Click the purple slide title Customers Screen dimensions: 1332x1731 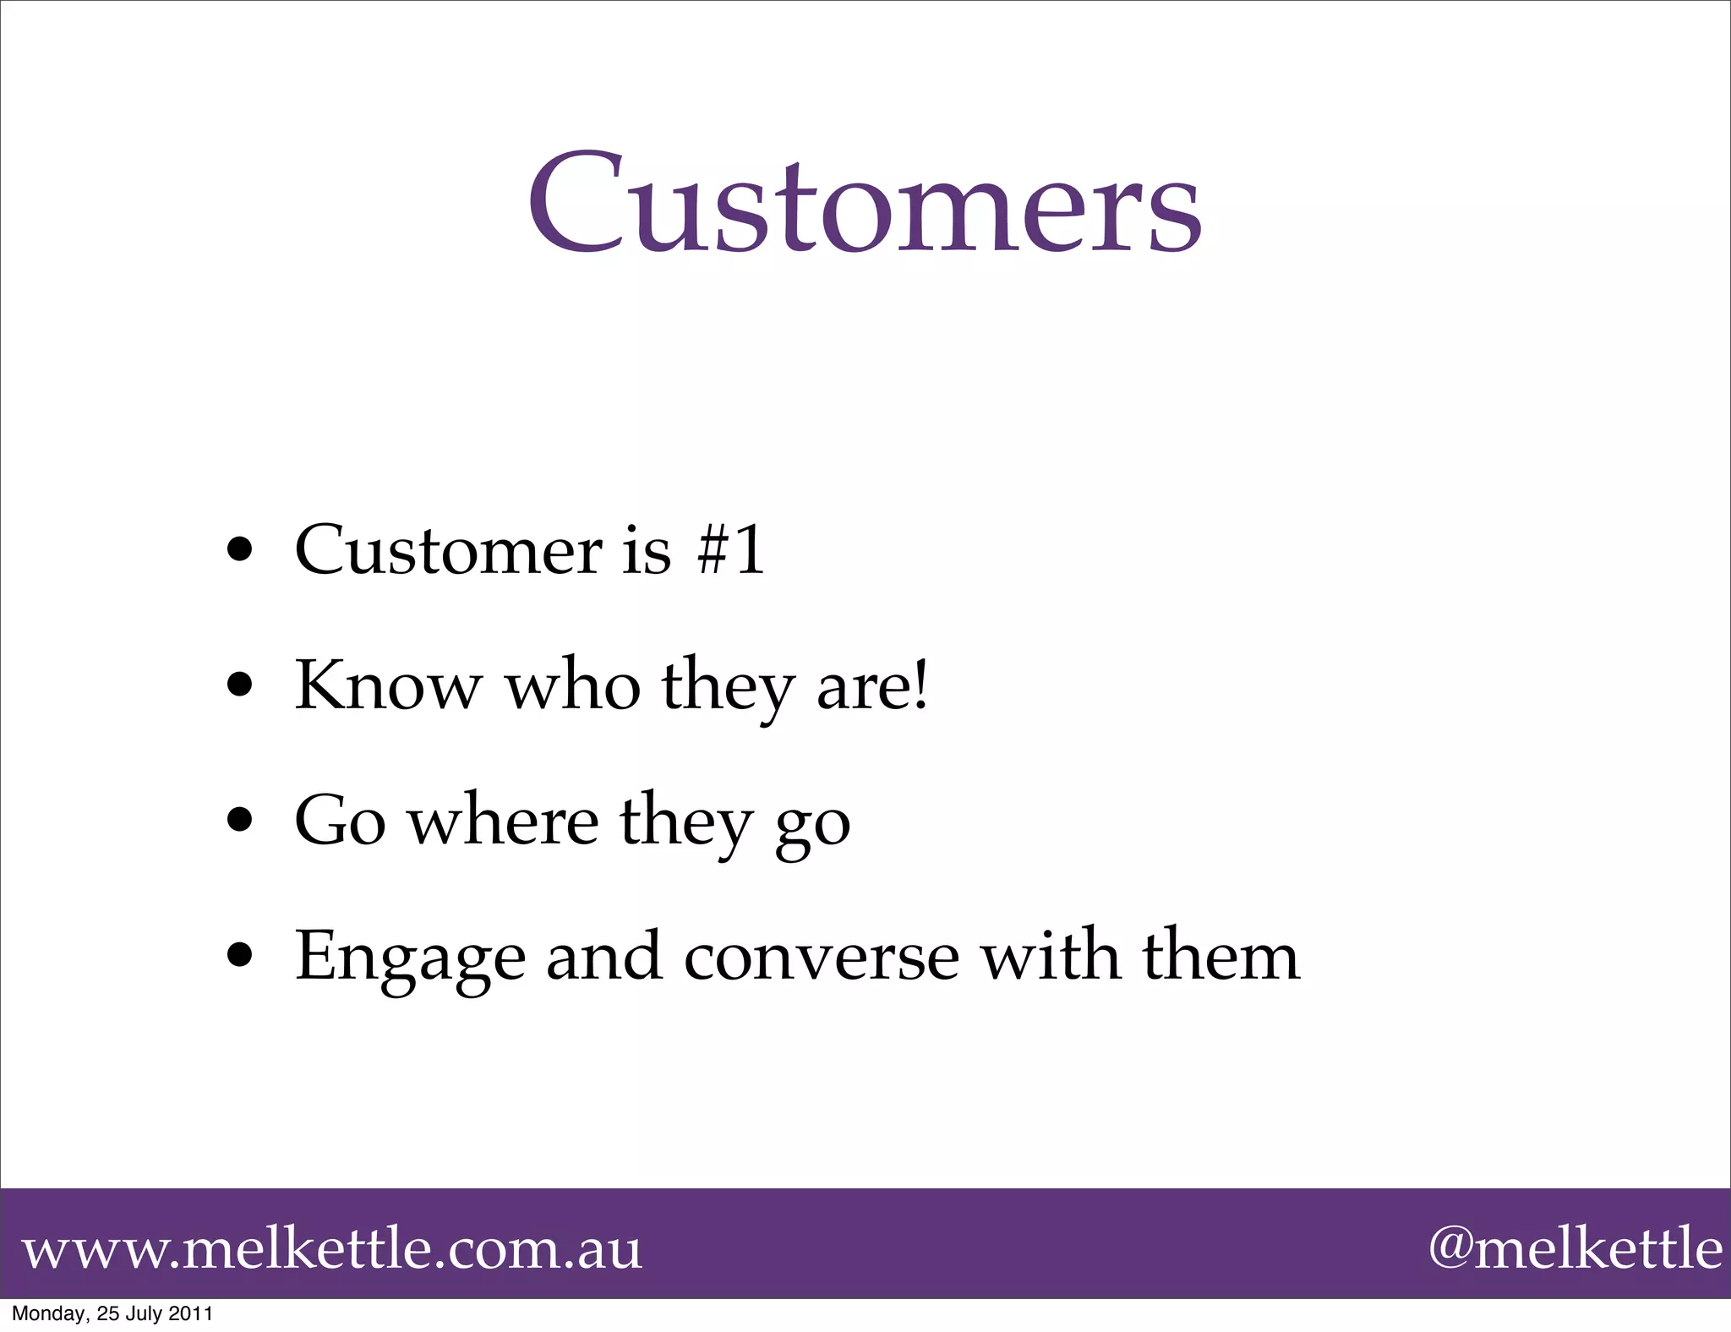[865, 203]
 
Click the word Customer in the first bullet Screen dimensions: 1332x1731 [449, 551]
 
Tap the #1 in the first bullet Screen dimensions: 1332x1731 [731, 549]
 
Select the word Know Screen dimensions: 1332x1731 [387, 685]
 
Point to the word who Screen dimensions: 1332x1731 [572, 685]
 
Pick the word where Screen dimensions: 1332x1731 [504, 822]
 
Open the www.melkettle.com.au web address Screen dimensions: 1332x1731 [332, 1249]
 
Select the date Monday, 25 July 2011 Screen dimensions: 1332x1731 [112, 1313]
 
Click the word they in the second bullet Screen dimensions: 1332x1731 [728, 688]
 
